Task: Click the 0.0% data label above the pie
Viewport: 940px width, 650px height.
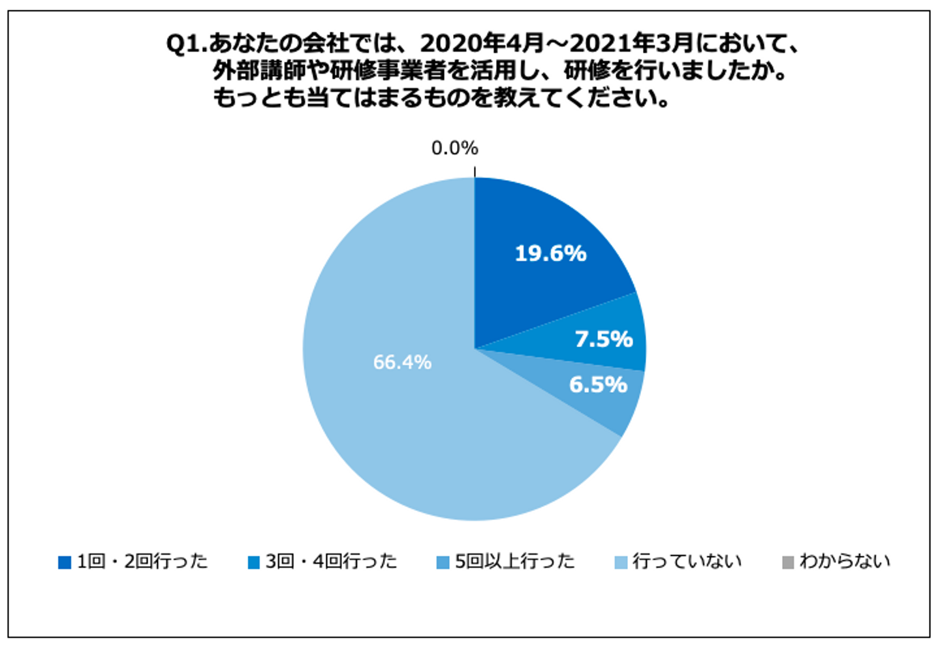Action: pos(454,149)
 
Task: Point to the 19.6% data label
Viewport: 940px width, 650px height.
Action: pos(550,253)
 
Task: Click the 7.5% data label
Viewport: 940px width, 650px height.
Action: pos(603,339)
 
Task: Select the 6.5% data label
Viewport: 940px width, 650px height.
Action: pos(598,385)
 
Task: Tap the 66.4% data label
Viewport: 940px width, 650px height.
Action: pos(402,362)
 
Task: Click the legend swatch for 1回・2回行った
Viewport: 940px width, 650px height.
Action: pos(65,562)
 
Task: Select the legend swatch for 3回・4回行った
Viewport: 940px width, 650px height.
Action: pos(254,562)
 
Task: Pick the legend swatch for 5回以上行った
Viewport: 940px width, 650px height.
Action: pos(443,562)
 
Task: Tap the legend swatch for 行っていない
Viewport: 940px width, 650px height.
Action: pos(621,562)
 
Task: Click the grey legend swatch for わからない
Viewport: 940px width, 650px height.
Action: pos(788,562)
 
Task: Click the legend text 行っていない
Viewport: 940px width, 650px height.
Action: pos(687,561)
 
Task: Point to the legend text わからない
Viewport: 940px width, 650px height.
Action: pos(845,561)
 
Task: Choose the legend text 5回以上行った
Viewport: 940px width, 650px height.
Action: pos(514,561)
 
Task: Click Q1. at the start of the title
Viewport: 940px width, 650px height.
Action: pos(186,44)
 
